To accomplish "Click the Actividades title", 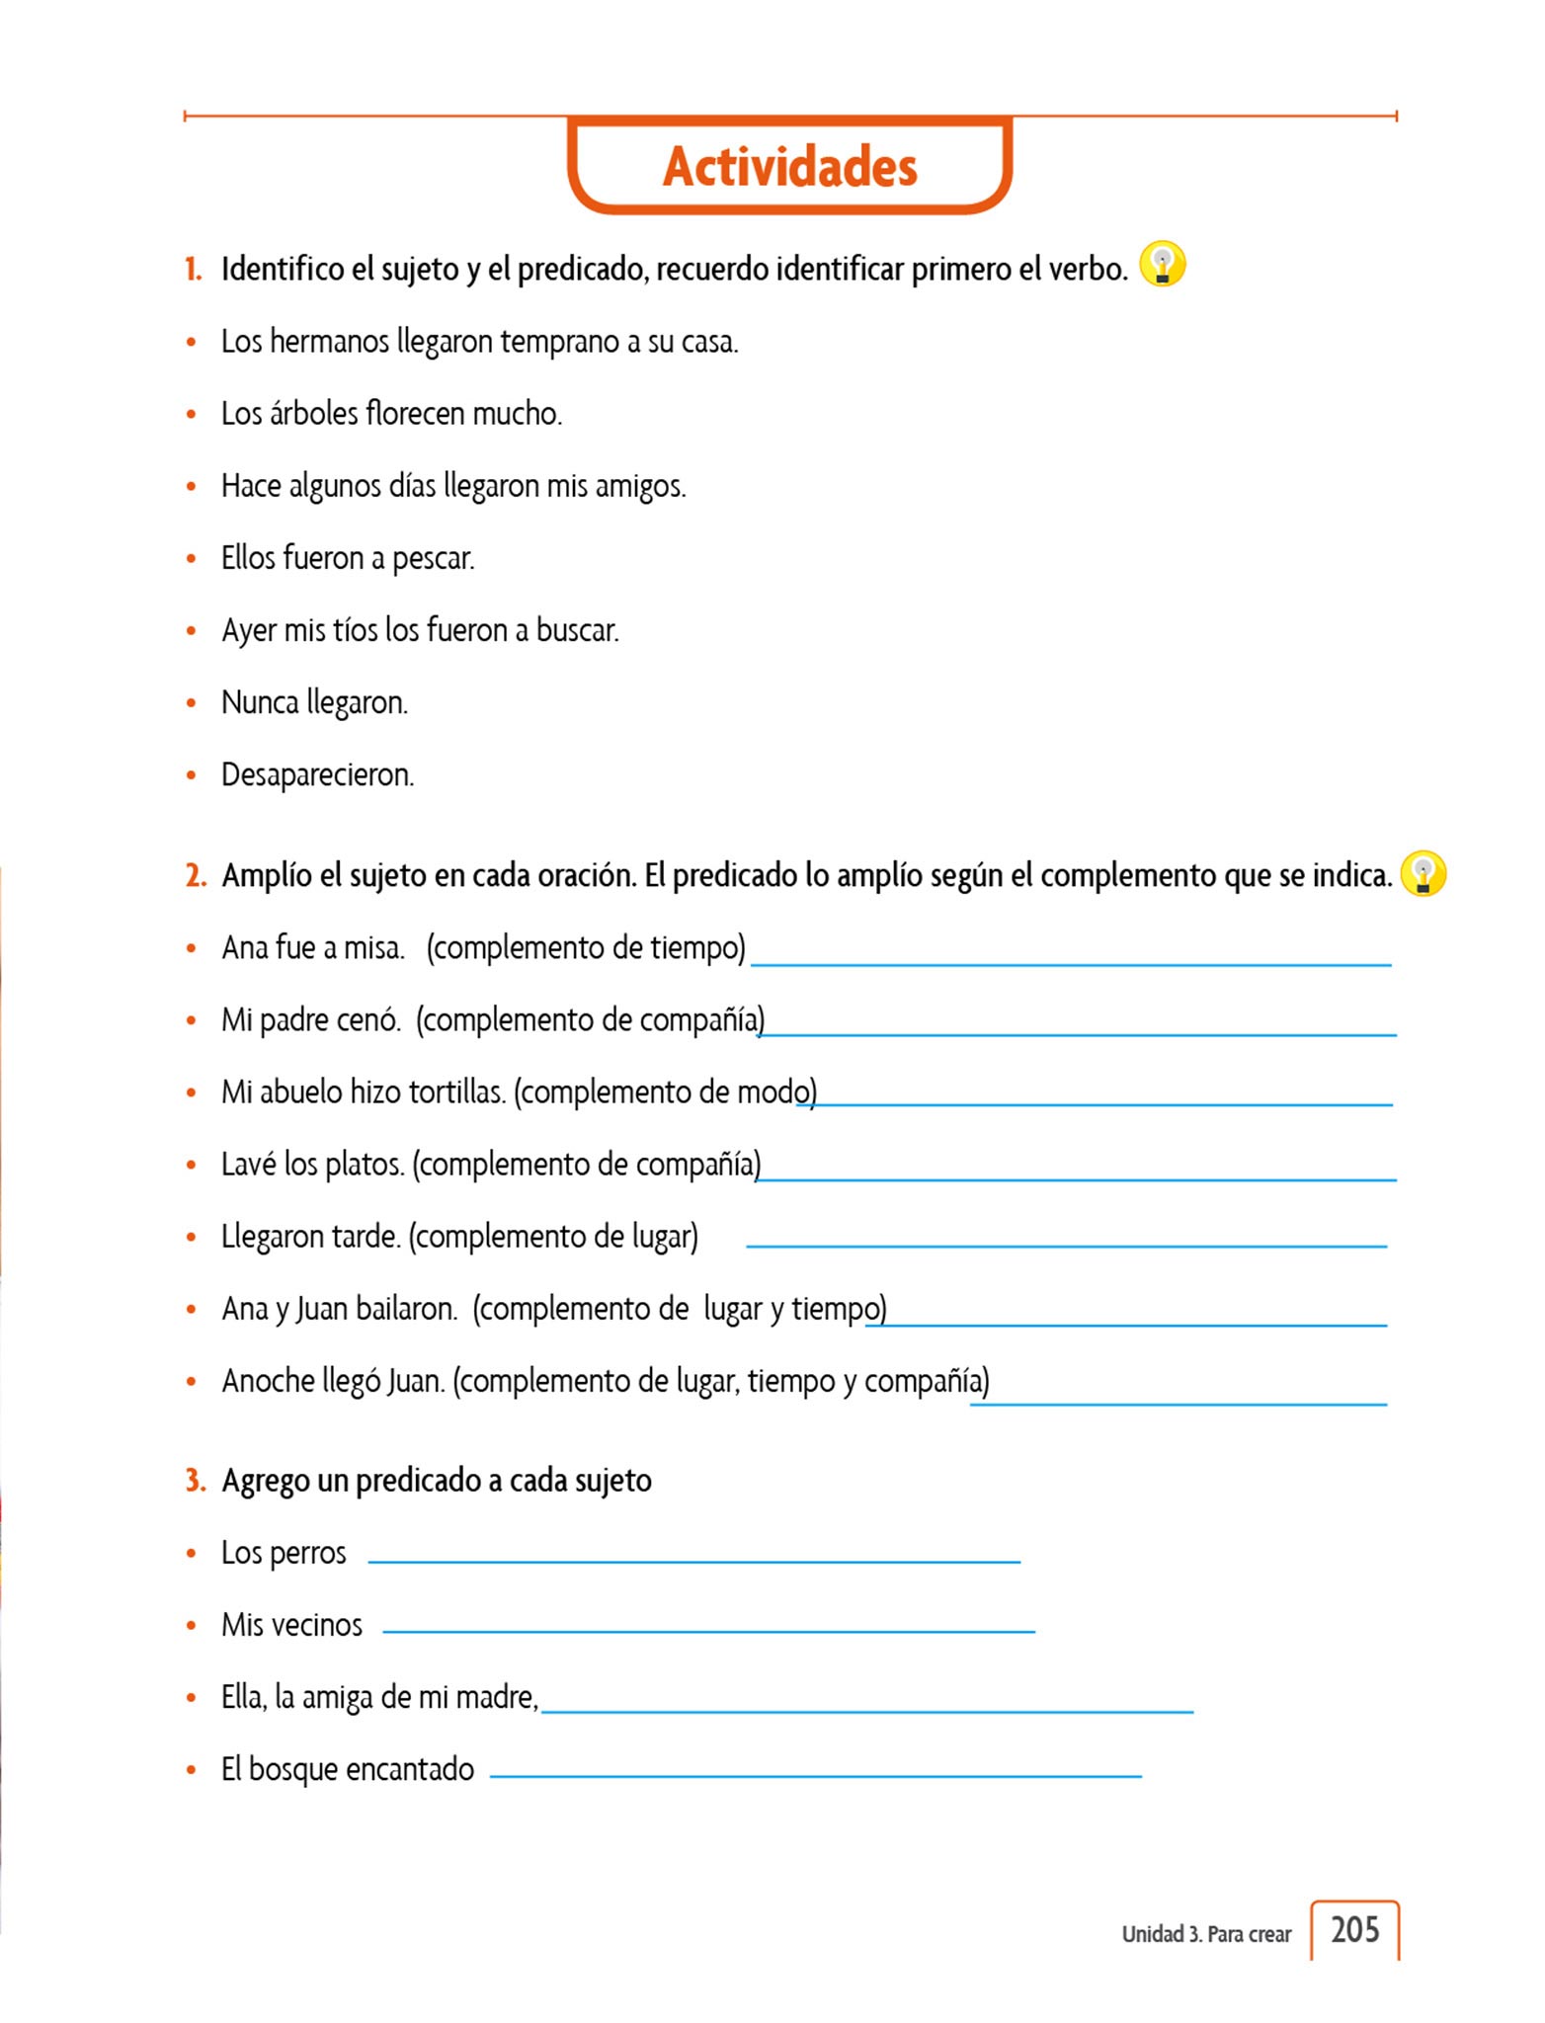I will (789, 166).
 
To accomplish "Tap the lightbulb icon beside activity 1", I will (1162, 265).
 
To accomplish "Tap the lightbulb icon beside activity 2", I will (1423, 874).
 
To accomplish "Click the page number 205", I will (1354, 1929).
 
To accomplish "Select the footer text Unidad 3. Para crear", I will (1205, 1934).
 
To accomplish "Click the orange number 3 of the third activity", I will (195, 1480).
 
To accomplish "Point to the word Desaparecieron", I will (316, 774).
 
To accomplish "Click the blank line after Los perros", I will (693, 1561).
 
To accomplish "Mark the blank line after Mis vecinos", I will (708, 1631).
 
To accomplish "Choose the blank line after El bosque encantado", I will (815, 1775).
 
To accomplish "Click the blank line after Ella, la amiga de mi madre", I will (867, 1710).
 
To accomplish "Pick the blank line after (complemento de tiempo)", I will (1071, 963).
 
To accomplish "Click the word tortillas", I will (456, 1092).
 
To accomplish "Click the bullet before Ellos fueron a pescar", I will (192, 559).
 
